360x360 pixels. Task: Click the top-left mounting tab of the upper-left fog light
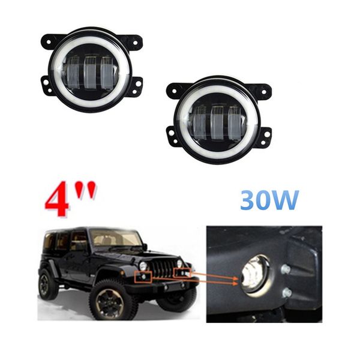click(49, 42)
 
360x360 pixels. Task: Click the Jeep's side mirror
click(145, 247)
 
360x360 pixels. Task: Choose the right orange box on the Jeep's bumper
click(182, 274)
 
